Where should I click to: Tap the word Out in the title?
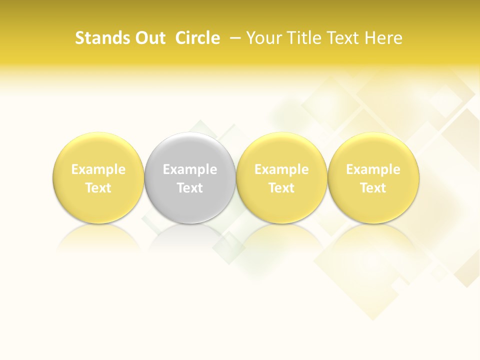pos(149,38)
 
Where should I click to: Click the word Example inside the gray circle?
pos(190,169)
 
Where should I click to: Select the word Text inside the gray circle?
pos(190,188)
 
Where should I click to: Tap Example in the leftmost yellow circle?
pos(98,169)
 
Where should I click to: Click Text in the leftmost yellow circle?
pos(98,188)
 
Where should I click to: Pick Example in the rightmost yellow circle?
pos(373,169)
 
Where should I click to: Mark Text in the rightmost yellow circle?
pos(373,188)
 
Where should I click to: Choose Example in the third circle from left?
pos(281,169)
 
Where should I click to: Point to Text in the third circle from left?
pos(281,188)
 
